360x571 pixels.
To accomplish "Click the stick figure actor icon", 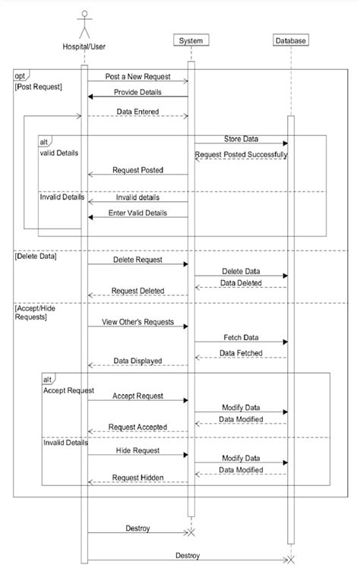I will tap(84, 24).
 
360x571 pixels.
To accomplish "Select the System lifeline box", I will tap(191, 41).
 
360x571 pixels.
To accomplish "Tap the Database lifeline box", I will tap(289, 41).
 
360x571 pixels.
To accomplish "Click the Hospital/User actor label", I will tap(84, 47).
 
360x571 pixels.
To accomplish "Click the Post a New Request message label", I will tap(137, 77).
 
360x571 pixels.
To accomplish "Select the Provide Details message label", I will tap(137, 92).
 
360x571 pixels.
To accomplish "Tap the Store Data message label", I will tap(241, 139).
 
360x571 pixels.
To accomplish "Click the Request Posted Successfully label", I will tap(241, 155).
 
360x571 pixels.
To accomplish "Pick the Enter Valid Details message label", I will tap(137, 213).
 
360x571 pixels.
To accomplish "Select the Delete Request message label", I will tap(137, 260).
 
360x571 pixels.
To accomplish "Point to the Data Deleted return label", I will tap(241, 283).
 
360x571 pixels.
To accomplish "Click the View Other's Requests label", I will tap(137, 322).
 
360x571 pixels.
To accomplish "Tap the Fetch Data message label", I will tap(241, 337).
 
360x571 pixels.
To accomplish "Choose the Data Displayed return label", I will tap(137, 361).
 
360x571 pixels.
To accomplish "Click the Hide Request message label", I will tap(137, 450).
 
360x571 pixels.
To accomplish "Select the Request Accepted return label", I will tap(137, 427).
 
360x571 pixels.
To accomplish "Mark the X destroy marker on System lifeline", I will tap(191, 532).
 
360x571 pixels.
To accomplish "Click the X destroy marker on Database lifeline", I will tap(289, 560).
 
